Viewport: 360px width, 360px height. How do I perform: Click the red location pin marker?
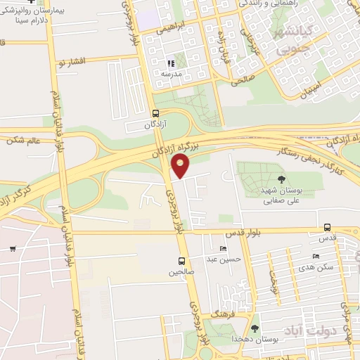181,167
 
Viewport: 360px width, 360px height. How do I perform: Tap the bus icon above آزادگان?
155,113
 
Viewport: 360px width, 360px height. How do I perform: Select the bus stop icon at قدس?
327,227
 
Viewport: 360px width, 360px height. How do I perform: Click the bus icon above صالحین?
182,261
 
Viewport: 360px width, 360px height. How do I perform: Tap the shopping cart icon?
13,248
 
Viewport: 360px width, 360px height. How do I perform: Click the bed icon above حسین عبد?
224,249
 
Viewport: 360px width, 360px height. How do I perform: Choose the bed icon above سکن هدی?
316,256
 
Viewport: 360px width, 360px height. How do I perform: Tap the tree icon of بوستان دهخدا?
255,328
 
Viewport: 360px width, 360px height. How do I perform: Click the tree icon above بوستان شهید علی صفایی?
282,179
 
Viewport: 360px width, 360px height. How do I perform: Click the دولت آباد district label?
303,329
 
